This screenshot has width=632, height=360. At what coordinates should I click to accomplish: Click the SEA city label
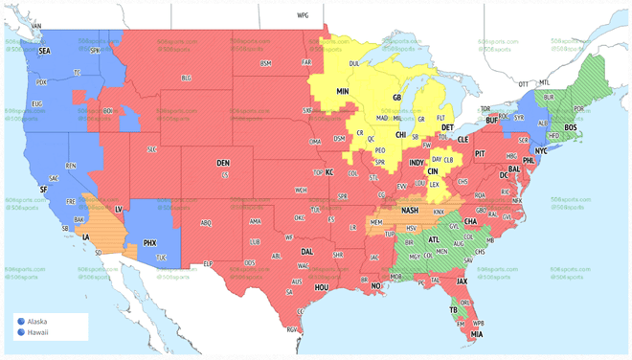(x=44, y=51)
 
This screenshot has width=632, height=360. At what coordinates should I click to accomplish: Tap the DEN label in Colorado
(x=222, y=164)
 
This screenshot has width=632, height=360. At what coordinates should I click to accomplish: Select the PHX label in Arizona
(x=149, y=243)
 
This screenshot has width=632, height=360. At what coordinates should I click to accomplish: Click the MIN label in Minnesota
(x=342, y=92)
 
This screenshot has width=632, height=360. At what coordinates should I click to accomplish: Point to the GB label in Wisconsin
(x=396, y=98)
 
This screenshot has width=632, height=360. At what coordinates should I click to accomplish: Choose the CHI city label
(x=400, y=135)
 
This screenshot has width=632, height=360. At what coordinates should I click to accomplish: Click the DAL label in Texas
(x=306, y=252)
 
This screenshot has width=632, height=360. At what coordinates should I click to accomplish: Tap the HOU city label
(x=322, y=287)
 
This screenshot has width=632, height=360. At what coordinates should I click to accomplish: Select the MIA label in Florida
(x=476, y=335)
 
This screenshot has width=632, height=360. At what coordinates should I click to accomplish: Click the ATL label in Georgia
(x=434, y=240)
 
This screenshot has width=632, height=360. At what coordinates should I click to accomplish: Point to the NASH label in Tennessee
(x=410, y=211)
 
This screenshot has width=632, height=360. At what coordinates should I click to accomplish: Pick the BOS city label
(x=571, y=127)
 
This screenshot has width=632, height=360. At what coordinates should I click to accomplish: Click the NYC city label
(x=541, y=150)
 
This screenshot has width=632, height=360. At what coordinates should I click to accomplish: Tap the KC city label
(x=329, y=173)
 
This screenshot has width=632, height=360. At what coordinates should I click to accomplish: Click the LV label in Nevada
(x=119, y=209)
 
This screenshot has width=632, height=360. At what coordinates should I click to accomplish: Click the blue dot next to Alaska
(x=21, y=322)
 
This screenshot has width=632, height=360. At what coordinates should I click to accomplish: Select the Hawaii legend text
(x=37, y=332)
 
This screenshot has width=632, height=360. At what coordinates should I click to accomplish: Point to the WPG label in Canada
(x=303, y=16)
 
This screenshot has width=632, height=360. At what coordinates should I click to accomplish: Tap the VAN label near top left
(x=36, y=26)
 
